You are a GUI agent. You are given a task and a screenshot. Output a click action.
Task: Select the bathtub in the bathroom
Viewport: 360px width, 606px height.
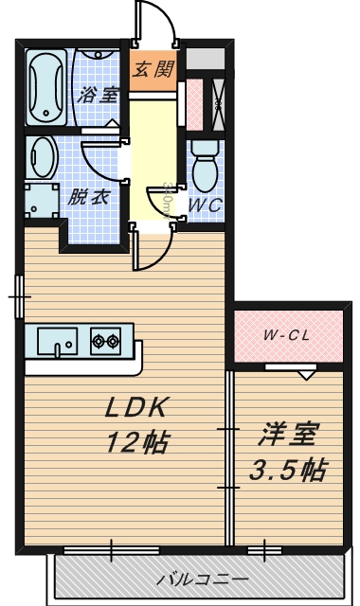coord(45,88)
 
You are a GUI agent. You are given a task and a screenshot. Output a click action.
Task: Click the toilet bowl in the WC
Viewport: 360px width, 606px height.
coord(204,169)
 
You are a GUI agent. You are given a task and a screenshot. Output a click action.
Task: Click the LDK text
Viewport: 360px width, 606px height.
coord(135,409)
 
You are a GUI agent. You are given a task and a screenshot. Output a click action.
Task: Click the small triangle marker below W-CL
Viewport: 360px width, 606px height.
coord(305,375)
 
